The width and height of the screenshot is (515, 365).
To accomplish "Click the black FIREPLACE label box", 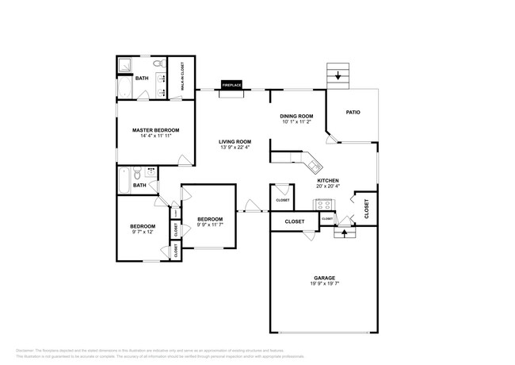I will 232,85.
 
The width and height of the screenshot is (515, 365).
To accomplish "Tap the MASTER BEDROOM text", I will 155,130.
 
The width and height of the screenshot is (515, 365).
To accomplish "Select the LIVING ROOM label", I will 235,142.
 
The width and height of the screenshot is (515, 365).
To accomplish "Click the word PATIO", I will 353,112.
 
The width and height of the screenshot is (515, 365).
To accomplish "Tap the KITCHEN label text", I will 328,181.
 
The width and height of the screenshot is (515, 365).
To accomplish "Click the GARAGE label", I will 324,278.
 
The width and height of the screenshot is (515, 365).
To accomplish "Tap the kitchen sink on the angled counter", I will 314,165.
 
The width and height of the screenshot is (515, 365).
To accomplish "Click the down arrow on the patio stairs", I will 340,77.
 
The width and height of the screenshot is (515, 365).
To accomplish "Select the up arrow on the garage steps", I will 345,233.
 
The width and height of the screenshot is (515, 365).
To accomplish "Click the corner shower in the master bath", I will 126,65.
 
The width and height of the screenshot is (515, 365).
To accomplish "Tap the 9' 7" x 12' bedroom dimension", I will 143,232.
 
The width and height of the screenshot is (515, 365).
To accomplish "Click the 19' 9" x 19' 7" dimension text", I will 324,283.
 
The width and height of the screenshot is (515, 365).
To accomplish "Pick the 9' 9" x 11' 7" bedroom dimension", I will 209,225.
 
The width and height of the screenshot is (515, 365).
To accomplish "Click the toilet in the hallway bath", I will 138,171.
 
